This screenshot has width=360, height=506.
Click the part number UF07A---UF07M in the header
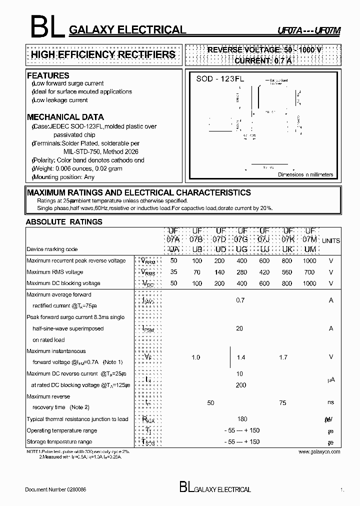(309, 30)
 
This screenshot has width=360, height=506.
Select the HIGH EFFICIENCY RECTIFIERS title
(103, 54)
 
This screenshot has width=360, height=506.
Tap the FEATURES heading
(48, 75)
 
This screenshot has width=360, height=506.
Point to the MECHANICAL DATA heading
(65, 117)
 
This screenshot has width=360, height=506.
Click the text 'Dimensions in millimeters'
(305, 174)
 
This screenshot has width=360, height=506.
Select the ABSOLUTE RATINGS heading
(64, 221)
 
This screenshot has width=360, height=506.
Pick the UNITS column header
(330, 240)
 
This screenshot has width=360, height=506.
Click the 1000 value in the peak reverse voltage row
(309, 261)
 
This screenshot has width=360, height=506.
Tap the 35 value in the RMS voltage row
(173, 272)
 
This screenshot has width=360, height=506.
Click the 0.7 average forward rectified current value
(240, 300)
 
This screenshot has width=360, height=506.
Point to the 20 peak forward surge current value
(239, 328)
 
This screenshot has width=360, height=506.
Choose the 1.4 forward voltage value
(241, 357)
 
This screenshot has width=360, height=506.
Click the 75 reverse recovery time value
(283, 403)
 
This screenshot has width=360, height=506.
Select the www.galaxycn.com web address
(319, 451)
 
